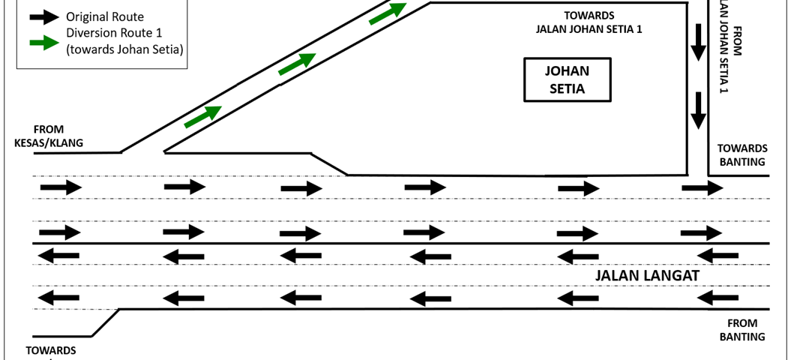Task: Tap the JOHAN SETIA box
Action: (567, 80)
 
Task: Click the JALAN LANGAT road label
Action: (646, 276)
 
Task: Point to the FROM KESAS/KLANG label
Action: (48, 136)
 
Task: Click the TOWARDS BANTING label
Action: (742, 154)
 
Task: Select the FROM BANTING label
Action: (742, 330)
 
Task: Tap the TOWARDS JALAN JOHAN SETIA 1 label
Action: (589, 22)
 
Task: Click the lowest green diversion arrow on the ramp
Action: (202, 117)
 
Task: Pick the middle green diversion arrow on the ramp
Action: (297, 64)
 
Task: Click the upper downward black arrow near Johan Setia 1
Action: (698, 43)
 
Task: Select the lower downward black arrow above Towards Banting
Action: (698, 110)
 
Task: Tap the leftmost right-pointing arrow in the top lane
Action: (61, 186)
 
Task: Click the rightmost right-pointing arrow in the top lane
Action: (702, 187)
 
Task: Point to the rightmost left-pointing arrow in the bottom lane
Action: (718, 298)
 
